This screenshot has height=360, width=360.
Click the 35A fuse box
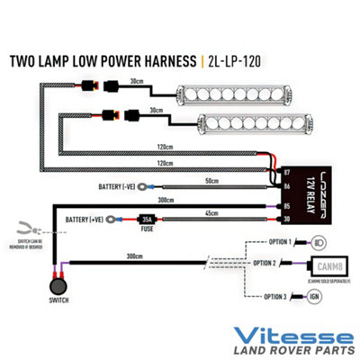[145, 218]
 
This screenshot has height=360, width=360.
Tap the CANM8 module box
[325, 265]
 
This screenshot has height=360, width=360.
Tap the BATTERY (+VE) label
[87, 219]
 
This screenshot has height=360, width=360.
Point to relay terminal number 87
[286, 169]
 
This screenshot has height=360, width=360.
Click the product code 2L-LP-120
[236, 62]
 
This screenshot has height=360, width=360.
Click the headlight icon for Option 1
[319, 243]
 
